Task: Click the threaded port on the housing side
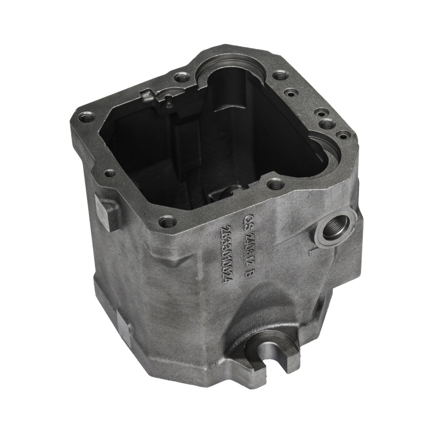333,230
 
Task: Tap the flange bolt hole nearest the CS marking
275,184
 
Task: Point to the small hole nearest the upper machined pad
110,173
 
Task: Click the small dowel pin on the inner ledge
168,98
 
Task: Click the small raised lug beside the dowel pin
147,97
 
